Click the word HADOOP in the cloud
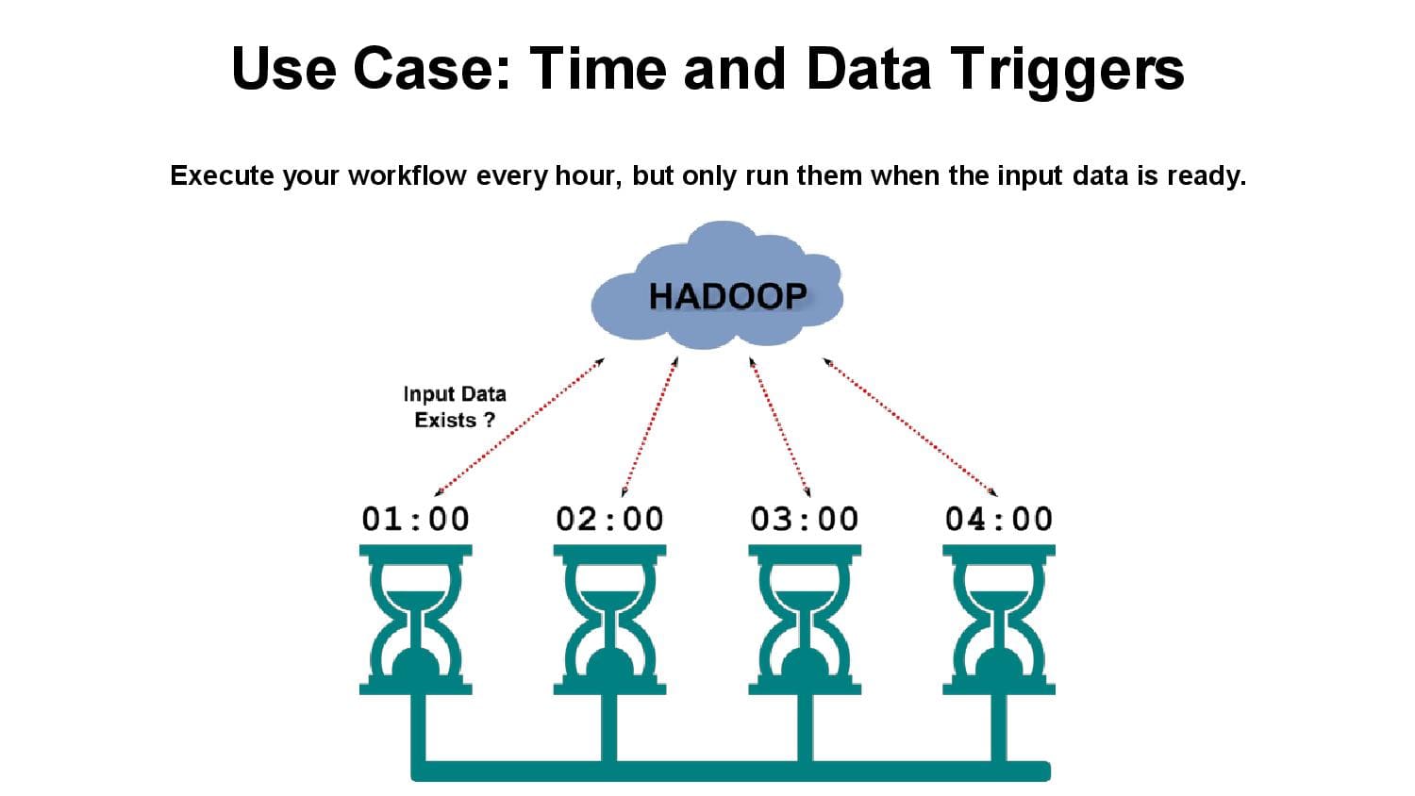727,296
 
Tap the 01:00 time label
416,520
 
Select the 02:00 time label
609,520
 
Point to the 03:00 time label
804,520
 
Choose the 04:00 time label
999,520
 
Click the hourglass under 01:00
416,620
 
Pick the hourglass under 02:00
609,620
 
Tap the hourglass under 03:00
804,620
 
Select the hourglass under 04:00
999,620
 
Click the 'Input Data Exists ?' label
455,407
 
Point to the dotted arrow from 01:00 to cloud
519,427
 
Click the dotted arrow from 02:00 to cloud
650,427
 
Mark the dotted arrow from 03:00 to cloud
779,427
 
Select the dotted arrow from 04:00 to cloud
909,427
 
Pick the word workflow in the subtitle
408,175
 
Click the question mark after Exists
489,420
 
